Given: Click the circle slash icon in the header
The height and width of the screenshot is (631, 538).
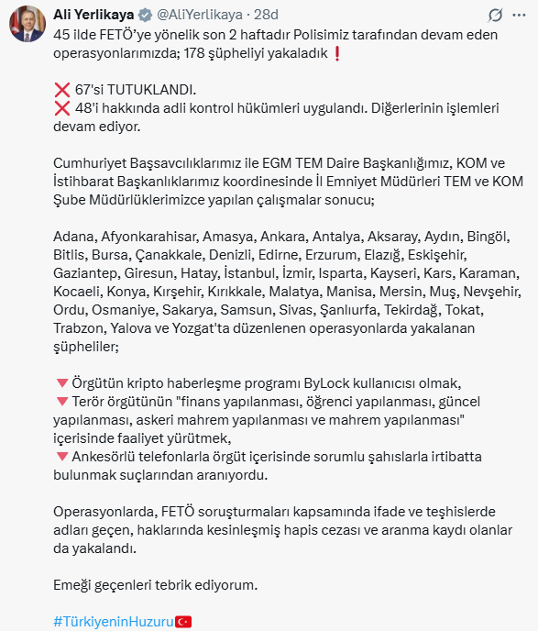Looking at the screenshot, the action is point(496,16).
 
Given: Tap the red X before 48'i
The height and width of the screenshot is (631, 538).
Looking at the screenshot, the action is point(62,107).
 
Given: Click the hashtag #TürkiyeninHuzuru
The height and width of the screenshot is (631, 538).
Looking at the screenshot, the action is point(113,621).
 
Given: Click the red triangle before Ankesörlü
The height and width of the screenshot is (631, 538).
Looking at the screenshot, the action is point(61,456).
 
